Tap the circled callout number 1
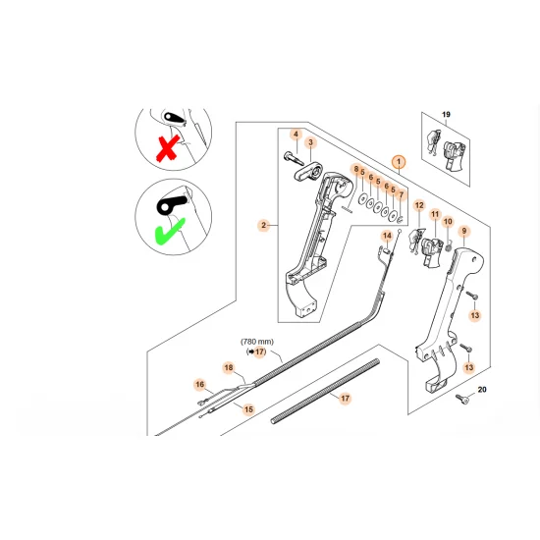(x=398, y=160)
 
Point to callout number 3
(x=310, y=143)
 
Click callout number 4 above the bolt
(x=295, y=134)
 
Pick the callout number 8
(x=355, y=171)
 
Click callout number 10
(x=449, y=222)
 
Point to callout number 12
(x=418, y=205)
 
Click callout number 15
(x=248, y=408)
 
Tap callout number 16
(x=198, y=385)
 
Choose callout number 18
(x=228, y=368)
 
